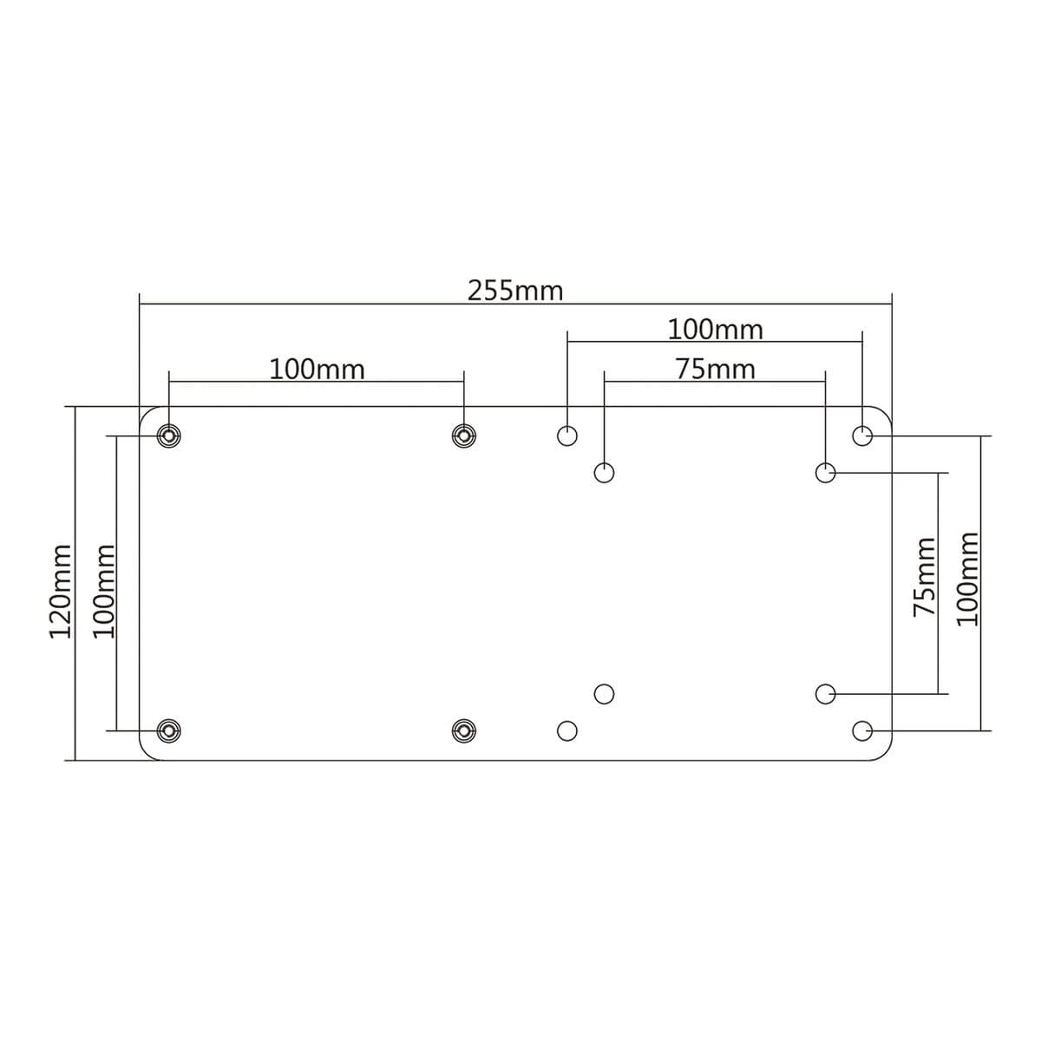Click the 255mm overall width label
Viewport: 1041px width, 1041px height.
tap(515, 291)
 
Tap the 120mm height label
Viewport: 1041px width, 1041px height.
tap(60, 592)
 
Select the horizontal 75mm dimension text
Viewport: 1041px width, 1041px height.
tap(715, 370)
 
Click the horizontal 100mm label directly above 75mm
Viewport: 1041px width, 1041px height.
tap(715, 330)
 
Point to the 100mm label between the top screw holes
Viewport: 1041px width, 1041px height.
tap(317, 370)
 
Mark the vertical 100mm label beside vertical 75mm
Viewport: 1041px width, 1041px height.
tap(966, 579)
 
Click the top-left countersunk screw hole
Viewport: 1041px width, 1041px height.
tap(168, 435)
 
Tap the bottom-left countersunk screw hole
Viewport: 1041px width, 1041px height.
tap(168, 730)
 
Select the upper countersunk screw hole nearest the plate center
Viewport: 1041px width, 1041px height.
tap(464, 435)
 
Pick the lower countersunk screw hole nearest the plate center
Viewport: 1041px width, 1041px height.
tap(464, 730)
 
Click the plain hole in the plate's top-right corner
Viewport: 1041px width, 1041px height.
tap(862, 435)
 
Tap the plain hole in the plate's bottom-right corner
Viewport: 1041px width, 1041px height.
tap(862, 730)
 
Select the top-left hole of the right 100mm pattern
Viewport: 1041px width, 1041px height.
tap(566, 435)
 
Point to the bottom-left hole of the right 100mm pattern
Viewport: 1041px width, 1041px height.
tap(566, 730)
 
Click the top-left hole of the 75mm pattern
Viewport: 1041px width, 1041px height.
tap(605, 473)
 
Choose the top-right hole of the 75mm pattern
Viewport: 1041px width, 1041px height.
tap(825, 473)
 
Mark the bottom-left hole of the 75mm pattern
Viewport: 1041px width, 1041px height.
tap(605, 693)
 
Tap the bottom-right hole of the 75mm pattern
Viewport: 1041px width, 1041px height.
tap(825, 693)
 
